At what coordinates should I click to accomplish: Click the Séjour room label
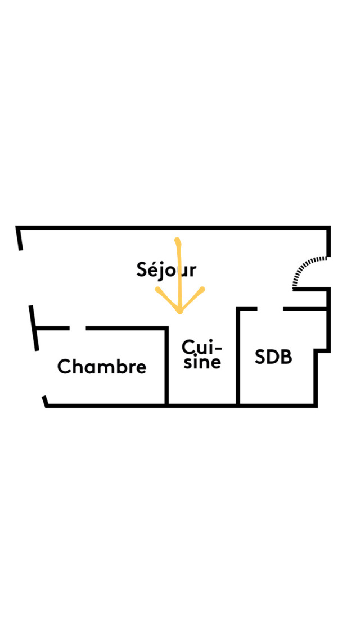[x=166, y=270]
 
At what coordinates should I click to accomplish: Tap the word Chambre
[x=102, y=367]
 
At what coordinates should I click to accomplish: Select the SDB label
[x=273, y=357]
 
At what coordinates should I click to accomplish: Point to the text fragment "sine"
[x=202, y=362]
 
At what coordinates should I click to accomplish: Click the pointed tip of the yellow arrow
[x=179, y=313]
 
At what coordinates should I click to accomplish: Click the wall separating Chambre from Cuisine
[x=166, y=366]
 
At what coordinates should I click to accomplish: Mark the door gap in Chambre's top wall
[x=78, y=327]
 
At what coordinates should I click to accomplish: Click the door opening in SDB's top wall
[x=271, y=309]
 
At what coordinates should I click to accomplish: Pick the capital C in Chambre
[x=64, y=367]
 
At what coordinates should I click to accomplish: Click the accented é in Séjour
[x=154, y=269]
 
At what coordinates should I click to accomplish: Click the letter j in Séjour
[x=163, y=272]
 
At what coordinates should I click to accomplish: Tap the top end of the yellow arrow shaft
[x=178, y=240]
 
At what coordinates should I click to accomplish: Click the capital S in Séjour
[x=143, y=269]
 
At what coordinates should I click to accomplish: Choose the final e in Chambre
[x=141, y=368]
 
